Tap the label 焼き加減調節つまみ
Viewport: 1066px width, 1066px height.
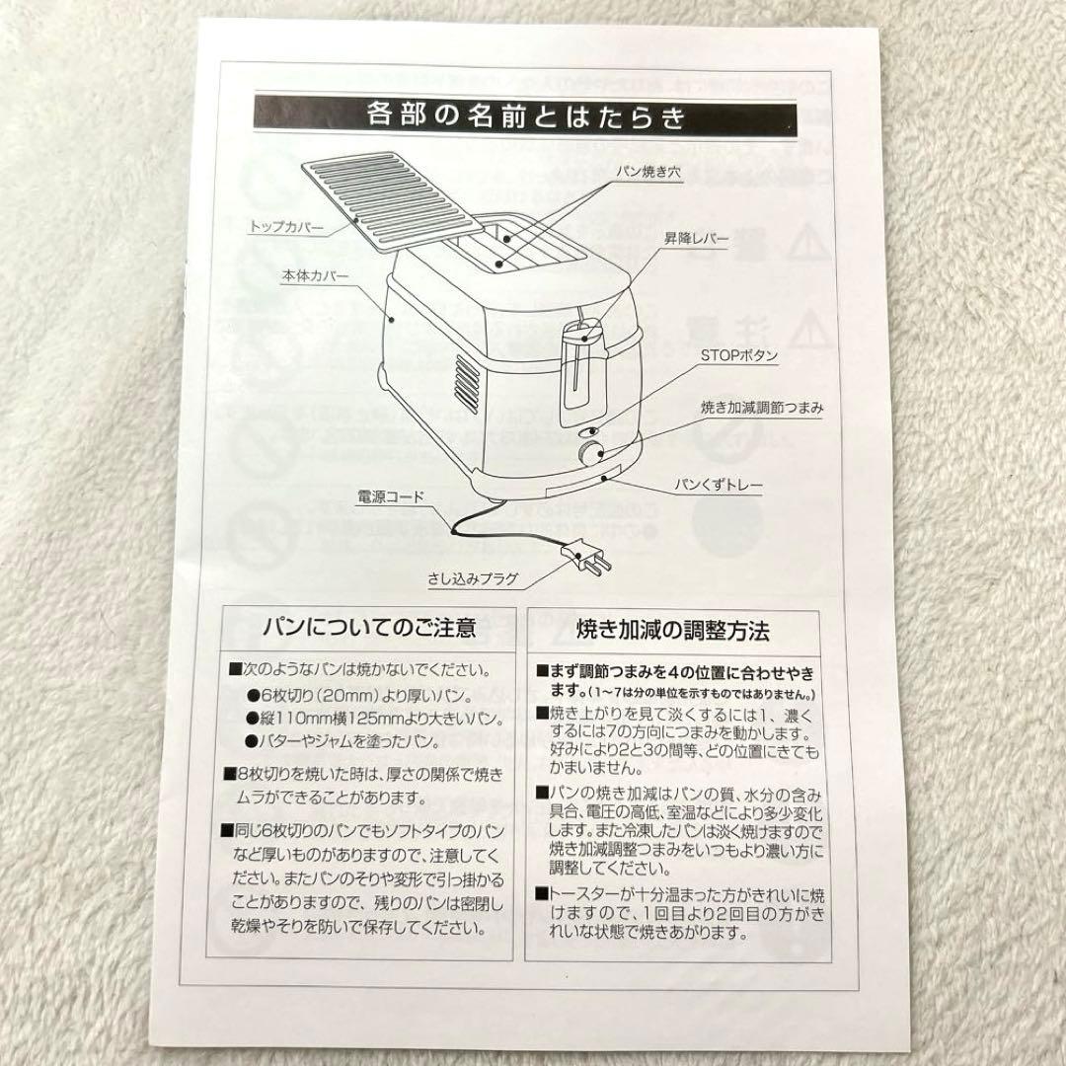pyautogui.click(x=747, y=406)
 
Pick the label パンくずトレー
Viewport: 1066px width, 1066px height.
pyautogui.click(x=719, y=486)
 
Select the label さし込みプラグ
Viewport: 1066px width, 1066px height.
pyautogui.click(x=473, y=577)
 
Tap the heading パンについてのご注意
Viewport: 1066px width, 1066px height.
pyautogui.click(x=369, y=627)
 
